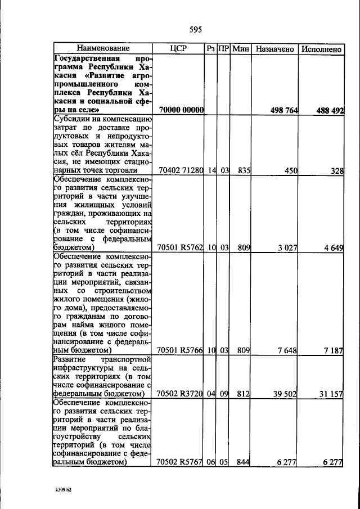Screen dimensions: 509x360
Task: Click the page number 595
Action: (196, 30)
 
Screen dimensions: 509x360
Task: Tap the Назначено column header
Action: (275, 49)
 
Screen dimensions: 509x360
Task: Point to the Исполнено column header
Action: (321, 49)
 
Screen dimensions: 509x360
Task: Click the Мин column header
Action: (241, 49)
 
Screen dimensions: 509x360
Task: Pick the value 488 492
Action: (329, 111)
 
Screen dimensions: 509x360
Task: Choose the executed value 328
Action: (336, 170)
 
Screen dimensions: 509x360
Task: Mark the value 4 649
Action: (332, 247)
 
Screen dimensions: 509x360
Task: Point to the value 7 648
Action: (287, 350)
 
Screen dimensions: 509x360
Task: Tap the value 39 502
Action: (285, 394)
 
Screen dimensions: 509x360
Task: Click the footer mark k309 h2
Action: (63, 490)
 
